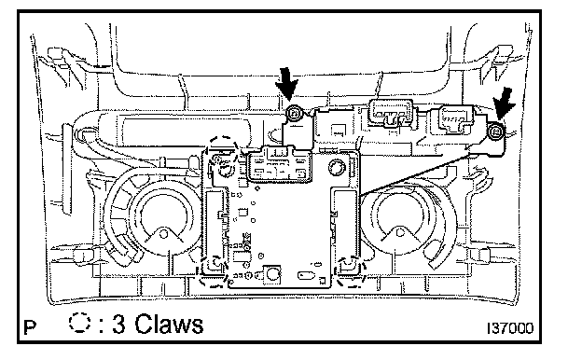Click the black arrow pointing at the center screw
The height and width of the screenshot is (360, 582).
287,85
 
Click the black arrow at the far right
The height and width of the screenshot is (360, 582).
504,103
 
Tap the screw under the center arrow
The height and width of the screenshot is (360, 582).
294,113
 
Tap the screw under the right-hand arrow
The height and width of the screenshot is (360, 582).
495,131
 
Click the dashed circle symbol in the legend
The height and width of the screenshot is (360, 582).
80,323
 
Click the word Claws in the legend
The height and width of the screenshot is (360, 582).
169,324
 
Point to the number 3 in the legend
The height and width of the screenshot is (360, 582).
118,324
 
